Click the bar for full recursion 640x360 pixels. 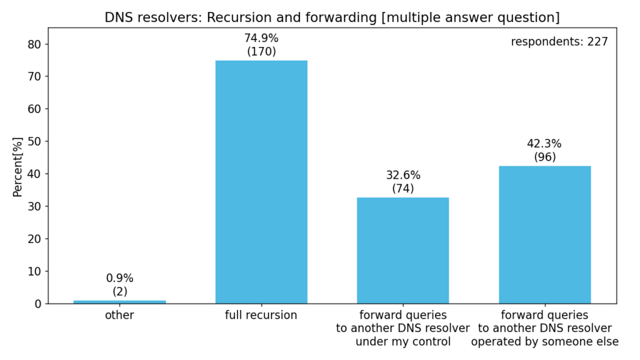(261, 182)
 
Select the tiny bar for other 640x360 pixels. (119, 302)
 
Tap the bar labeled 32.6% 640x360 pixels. (403, 251)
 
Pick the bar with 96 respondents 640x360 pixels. (544, 235)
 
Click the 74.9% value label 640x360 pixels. (261, 38)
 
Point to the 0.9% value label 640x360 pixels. (119, 278)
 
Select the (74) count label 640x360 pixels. (403, 189)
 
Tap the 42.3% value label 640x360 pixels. (544, 144)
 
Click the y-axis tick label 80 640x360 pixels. (34, 44)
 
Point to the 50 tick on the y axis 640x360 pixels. (34, 142)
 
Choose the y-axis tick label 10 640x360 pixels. (34, 271)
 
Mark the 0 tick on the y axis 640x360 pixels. (38, 304)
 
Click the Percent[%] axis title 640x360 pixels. (17, 167)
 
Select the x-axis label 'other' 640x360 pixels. (119, 315)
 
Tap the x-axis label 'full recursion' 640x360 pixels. (261, 315)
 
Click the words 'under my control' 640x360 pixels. (403, 342)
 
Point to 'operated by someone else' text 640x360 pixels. (544, 342)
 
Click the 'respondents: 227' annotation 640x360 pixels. (559, 42)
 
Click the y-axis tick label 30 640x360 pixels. (34, 206)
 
